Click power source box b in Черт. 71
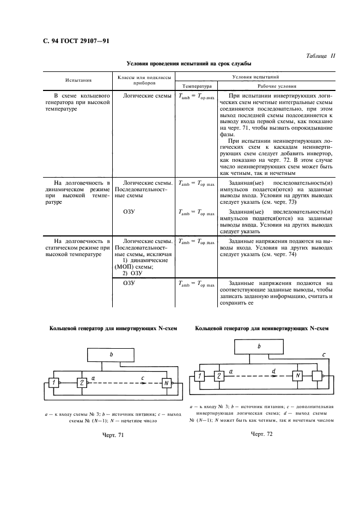coord(111,355)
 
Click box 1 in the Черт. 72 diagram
coord(199,376)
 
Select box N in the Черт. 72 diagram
coord(297,375)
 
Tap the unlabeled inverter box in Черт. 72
coord(317,375)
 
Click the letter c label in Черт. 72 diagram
coord(324,355)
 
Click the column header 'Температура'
coord(197,86)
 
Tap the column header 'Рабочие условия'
coord(277,86)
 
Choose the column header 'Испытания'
coord(78,80)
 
